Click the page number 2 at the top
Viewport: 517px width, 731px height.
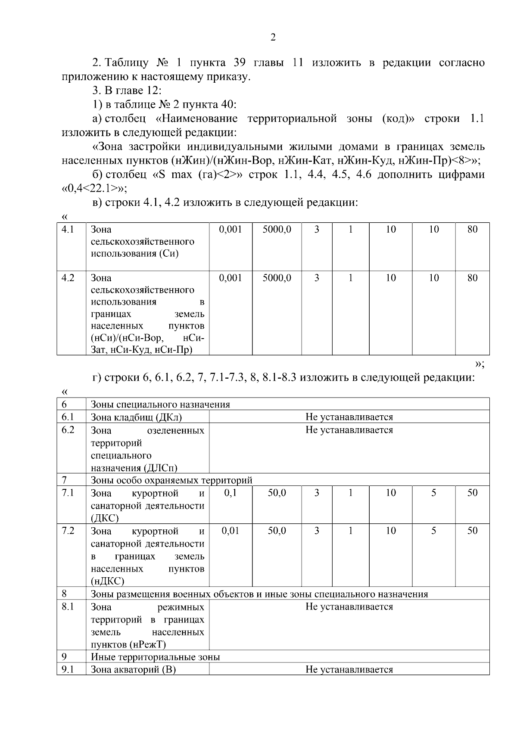coord(273,37)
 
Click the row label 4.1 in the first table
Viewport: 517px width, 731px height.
coord(68,230)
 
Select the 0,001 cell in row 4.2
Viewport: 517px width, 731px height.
coord(230,278)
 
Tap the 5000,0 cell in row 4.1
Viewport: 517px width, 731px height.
coord(277,230)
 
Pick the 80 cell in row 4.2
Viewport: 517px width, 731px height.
coord(472,278)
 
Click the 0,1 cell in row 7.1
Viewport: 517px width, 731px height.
coord(230,493)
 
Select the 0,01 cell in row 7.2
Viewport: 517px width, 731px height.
coord(230,531)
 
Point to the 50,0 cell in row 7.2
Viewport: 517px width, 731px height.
coord(277,531)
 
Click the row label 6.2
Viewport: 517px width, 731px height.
coord(68,430)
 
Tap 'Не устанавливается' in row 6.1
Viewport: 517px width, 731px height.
coord(349,417)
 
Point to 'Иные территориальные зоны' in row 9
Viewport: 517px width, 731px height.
coord(155,657)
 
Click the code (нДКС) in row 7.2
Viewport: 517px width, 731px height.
coord(107,582)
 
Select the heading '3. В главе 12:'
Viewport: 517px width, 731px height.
coord(127,90)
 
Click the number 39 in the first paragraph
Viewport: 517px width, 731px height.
coord(240,62)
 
